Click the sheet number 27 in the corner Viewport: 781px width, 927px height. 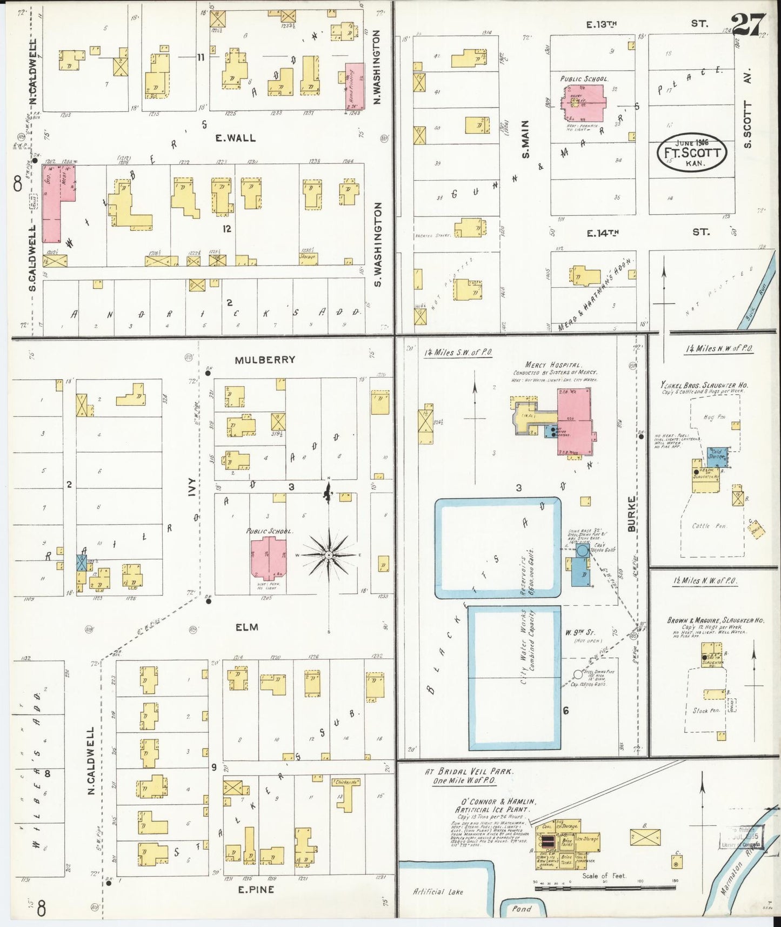748,25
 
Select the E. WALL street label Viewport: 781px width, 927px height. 235,138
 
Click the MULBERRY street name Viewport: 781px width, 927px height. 265,360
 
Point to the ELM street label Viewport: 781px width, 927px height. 246,627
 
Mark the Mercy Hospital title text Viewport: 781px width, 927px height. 547,365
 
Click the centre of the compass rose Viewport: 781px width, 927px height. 329,555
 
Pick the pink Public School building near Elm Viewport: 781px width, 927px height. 269,557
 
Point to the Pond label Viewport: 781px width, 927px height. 522,909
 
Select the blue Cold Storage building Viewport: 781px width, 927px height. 718,456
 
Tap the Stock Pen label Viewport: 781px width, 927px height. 706,710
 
